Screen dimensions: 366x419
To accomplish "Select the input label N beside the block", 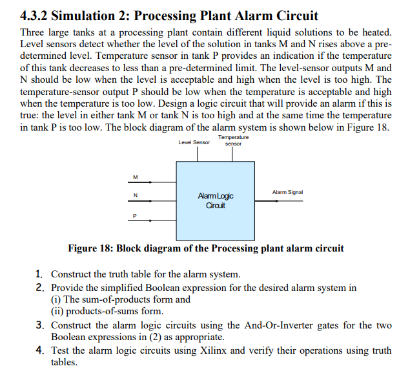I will [x=135, y=196].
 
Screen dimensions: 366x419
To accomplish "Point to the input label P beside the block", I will [x=135, y=215].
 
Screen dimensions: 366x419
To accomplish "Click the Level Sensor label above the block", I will [x=194, y=142].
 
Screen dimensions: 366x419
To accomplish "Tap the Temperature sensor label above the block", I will [x=233, y=140].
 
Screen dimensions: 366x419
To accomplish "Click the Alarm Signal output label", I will [x=287, y=192].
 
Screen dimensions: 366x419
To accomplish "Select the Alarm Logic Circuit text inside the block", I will [x=215, y=200].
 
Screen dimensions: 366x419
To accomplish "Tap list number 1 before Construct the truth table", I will [x=39, y=274].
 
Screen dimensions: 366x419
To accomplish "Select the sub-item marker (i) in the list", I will [x=56, y=299].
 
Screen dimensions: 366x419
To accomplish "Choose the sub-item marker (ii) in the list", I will [x=57, y=311].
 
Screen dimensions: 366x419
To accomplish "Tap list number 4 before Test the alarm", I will [x=40, y=350].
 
